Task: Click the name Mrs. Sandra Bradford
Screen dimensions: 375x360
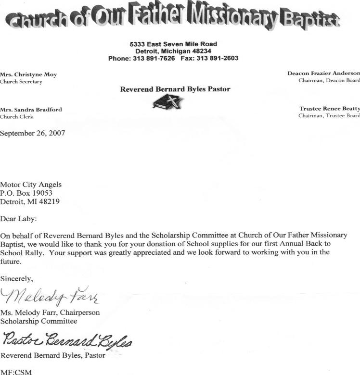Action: coord(31,110)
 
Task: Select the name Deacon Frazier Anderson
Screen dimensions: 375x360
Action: coord(323,74)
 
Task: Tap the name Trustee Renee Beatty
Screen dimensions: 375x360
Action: coord(329,109)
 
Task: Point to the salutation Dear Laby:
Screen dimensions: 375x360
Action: coord(18,219)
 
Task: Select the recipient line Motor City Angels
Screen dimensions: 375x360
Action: coord(31,185)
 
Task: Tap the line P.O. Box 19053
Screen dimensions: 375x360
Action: coord(26,193)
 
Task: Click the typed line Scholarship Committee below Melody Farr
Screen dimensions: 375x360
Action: coord(39,321)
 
